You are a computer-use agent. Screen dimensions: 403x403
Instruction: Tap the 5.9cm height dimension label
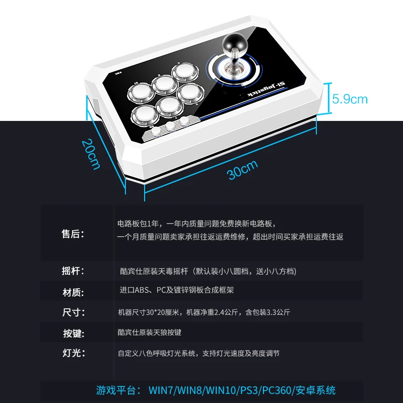(x=350, y=99)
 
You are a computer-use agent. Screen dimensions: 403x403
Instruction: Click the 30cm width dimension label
(x=242, y=170)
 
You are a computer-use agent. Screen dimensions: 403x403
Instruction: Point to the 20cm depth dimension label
(x=91, y=154)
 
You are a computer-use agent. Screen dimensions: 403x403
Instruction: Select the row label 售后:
(x=73, y=234)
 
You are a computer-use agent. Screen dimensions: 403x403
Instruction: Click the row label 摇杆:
(x=73, y=271)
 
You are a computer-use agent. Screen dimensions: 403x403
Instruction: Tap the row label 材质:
(x=73, y=293)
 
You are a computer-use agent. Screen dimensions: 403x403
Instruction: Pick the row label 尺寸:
(x=74, y=312)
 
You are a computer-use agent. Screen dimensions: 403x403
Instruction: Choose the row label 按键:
(x=74, y=333)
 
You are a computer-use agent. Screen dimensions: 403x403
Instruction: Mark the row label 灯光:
(x=74, y=353)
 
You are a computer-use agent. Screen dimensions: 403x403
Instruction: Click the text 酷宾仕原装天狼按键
(x=150, y=332)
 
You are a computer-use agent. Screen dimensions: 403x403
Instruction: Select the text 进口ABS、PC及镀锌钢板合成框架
(x=177, y=290)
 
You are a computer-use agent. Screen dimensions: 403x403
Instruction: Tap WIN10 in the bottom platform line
(x=221, y=390)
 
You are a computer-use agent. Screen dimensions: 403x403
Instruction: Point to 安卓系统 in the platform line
(x=316, y=390)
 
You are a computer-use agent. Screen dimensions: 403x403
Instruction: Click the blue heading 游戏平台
(x=116, y=390)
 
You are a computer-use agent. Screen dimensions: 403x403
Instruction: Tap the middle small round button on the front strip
(x=170, y=125)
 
